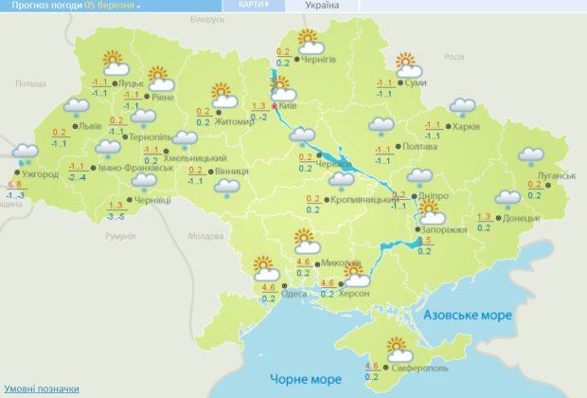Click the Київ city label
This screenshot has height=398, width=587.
point(291,107)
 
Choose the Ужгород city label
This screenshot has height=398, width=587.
point(40,174)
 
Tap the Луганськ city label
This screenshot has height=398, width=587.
point(556,175)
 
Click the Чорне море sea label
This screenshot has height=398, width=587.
point(305,379)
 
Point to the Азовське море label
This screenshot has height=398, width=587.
point(467,314)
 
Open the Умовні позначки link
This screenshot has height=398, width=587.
point(42,389)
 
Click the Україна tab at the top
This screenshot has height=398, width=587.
point(323,6)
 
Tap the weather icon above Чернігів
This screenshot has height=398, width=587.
point(310,42)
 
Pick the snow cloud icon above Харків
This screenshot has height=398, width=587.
point(462,107)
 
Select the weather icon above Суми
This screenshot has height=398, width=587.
point(408,66)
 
